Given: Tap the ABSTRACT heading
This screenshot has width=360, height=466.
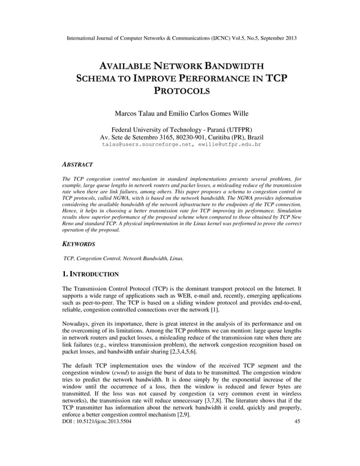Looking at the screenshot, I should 77,164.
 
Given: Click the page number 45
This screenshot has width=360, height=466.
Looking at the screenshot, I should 298,422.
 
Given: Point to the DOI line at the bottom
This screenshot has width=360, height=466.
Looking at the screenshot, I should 95,422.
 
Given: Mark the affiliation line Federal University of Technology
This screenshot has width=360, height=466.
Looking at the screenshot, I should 180,129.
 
